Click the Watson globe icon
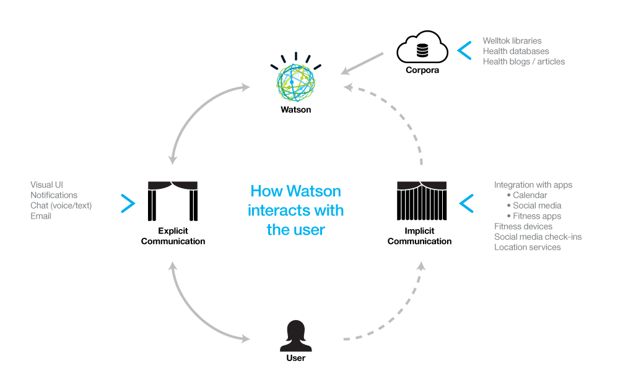coord(295,80)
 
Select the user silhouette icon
coord(295,336)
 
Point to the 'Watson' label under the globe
coord(295,110)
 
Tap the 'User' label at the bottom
coord(295,358)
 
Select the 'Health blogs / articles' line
coord(523,61)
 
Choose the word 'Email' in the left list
coord(41,216)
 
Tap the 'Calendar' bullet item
coord(529,195)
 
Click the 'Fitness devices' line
coord(523,227)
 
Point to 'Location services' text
coord(527,247)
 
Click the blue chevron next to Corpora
coord(464,50)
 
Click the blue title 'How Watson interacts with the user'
coord(295,210)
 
